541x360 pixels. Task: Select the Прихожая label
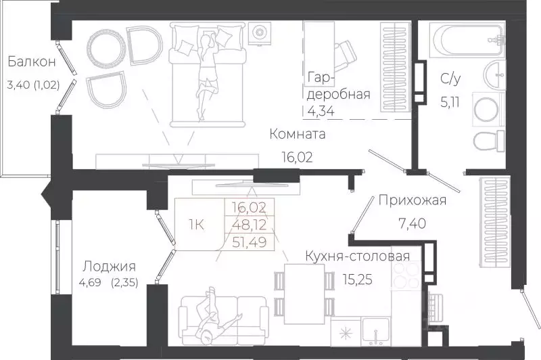[x=412, y=200]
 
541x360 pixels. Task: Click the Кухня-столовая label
[x=357, y=256]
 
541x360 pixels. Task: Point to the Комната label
[x=297, y=134]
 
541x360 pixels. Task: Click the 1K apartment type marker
[x=197, y=223]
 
